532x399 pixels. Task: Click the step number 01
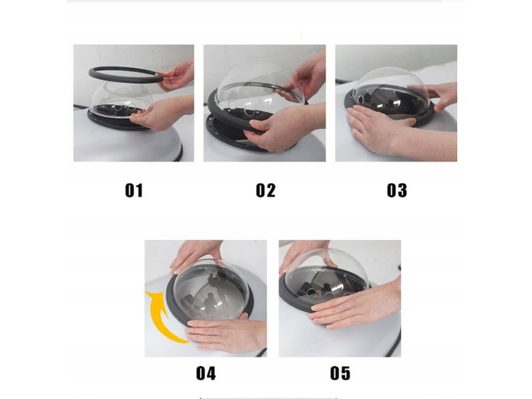134,190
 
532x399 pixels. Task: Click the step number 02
265,190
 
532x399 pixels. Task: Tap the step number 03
396,190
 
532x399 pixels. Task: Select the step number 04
206,373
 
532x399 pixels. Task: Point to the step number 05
340,373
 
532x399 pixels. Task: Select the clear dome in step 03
390,91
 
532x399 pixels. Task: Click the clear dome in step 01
119,98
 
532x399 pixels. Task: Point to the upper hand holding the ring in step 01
177,76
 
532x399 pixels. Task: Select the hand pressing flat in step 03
401,130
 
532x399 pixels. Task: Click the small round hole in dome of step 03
361,99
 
